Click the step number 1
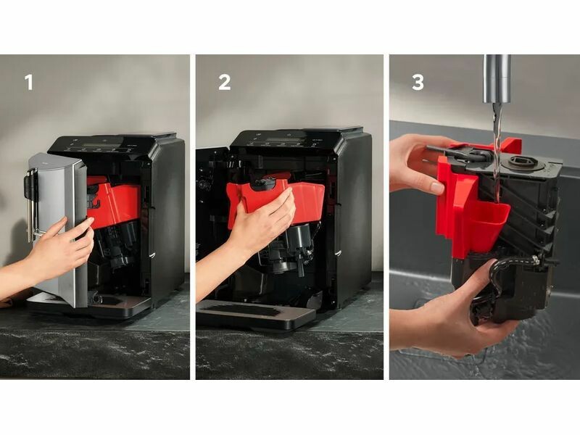click(29, 82)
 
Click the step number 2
click(225, 82)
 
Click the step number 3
click(418, 82)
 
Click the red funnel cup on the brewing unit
click(487, 222)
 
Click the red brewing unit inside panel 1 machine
click(114, 202)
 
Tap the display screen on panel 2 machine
click(286, 141)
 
